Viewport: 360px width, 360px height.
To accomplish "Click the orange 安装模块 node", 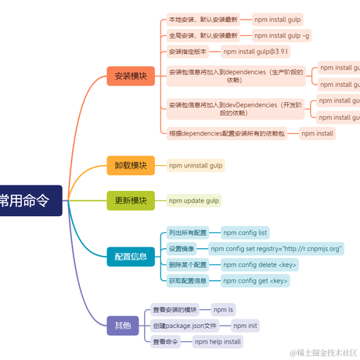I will (x=130, y=76).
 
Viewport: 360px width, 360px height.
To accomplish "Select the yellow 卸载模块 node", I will (x=130, y=165).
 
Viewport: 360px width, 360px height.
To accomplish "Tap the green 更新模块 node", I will (x=130, y=200).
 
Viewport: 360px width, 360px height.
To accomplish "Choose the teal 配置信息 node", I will (x=130, y=256).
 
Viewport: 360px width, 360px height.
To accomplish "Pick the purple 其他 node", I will (x=122, y=325).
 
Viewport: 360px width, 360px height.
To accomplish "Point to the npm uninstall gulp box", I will (x=196, y=165).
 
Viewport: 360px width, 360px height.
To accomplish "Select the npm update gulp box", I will (x=194, y=200).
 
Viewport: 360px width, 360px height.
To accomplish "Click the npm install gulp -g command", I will (x=282, y=35).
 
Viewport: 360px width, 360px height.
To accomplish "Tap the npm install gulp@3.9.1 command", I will (x=255, y=52).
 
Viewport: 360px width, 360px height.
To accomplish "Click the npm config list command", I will (x=245, y=232).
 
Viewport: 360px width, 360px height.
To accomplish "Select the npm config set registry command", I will (x=283, y=248).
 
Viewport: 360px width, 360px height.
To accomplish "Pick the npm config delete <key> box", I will (x=259, y=265).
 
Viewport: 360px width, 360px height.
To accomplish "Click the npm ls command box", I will (x=223, y=309).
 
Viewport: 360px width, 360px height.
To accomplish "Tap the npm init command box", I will (x=245, y=326).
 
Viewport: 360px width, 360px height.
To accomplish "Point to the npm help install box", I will (x=218, y=341).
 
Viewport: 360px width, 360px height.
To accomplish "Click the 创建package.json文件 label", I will (x=185, y=326).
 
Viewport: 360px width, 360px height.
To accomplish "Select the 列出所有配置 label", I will (x=188, y=232).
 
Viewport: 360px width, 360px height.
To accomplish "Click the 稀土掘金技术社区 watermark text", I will (x=322, y=353).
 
